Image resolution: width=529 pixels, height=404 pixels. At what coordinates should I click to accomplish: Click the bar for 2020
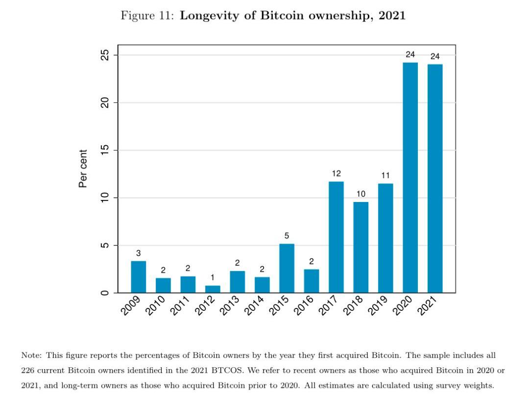click(410, 177)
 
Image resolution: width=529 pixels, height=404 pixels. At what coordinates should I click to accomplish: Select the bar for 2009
click(139, 277)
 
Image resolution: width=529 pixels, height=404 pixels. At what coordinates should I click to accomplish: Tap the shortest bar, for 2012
click(213, 289)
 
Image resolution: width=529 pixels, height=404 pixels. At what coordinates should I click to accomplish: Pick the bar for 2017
click(336, 237)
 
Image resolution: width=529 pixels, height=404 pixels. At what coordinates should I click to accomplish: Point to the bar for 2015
click(287, 268)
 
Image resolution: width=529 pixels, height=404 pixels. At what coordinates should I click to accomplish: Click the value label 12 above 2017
click(336, 174)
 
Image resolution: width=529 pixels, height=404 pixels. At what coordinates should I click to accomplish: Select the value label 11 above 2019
click(385, 176)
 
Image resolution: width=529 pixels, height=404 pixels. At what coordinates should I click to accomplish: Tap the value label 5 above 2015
click(287, 236)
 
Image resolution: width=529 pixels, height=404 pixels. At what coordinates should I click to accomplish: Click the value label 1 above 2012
click(213, 278)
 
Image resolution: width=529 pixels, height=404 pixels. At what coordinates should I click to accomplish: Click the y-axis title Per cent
click(83, 169)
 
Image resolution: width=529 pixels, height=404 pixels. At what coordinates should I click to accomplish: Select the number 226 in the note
click(28, 370)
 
